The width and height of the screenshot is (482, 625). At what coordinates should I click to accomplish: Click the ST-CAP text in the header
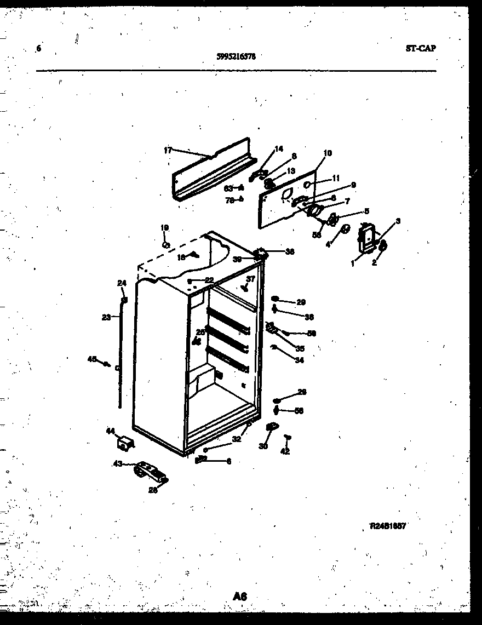pos(421,48)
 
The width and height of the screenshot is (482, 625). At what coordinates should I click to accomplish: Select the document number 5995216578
pos(236,56)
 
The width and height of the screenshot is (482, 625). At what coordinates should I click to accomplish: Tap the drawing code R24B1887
pos(387,526)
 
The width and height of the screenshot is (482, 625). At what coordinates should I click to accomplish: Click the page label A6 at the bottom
pos(239,596)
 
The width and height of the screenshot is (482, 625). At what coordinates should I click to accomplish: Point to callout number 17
pos(168,150)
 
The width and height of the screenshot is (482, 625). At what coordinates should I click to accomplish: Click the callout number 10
pos(328,153)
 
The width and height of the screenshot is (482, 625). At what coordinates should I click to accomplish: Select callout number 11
pos(336,177)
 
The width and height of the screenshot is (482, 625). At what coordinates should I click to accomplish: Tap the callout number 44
pos(110,432)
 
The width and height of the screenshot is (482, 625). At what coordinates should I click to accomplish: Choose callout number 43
pos(117,465)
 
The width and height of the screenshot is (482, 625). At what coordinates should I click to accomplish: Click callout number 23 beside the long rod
pos(107,317)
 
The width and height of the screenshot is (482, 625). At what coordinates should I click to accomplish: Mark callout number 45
pos(92,359)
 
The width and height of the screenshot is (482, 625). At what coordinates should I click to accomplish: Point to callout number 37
pos(250,279)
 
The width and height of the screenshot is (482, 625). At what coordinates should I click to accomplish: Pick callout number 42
pos(285,451)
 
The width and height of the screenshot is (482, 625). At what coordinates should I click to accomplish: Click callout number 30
pos(263,446)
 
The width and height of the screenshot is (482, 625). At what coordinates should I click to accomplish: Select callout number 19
pos(165,227)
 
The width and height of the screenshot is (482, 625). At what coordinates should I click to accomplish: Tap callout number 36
pos(289,251)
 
